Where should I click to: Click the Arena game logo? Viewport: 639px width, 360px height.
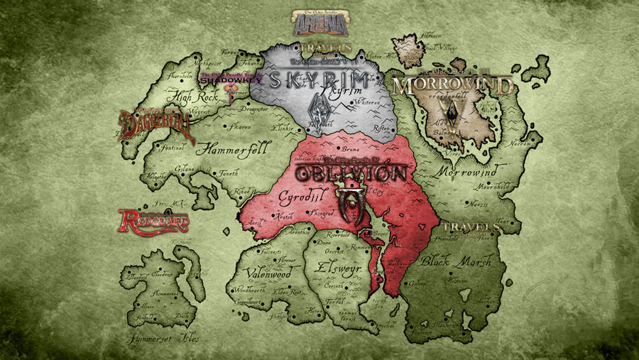(x=320, y=23)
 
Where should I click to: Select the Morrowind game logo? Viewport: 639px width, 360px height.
(x=452, y=87)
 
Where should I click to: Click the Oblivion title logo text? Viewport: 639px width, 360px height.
(x=351, y=173)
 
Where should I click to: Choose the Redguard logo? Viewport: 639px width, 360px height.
(x=154, y=221)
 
